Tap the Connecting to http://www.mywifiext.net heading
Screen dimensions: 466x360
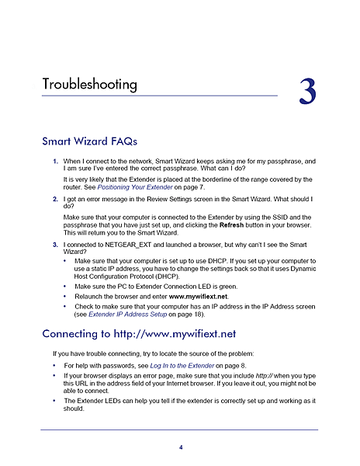pos(139,335)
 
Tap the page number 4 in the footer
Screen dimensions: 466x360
pos(181,447)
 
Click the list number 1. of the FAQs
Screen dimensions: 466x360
pos(55,162)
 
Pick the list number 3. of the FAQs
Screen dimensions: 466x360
pos(55,244)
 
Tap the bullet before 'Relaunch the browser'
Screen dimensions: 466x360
pos(65,296)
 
